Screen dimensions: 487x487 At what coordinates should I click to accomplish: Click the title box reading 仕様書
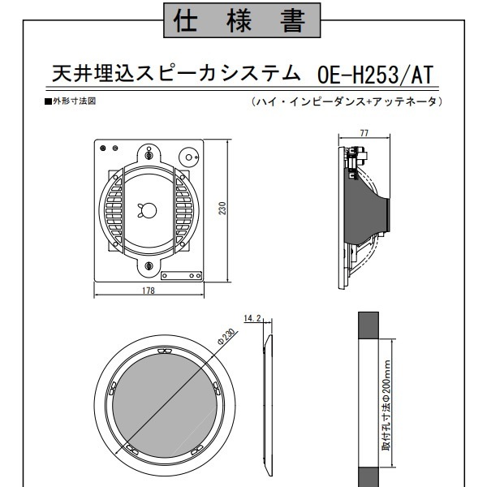click(242, 20)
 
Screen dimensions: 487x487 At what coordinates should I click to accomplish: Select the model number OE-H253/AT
click(375, 75)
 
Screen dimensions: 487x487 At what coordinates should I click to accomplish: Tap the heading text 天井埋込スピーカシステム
click(176, 74)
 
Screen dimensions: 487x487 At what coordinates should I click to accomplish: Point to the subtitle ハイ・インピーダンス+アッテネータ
click(347, 101)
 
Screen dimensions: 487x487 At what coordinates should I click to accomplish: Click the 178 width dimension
click(149, 291)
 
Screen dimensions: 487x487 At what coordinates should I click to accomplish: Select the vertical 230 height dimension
click(222, 208)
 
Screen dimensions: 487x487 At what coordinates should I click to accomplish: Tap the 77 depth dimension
click(364, 133)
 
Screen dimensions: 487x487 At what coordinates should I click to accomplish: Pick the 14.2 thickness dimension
click(252, 318)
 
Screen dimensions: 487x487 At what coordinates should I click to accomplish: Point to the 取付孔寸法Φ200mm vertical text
click(386, 405)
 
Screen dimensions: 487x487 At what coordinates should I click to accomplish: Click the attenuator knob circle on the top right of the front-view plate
click(188, 157)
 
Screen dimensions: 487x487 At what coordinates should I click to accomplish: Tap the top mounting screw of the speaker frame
click(149, 154)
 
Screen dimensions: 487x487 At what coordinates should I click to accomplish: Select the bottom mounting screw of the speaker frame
click(149, 265)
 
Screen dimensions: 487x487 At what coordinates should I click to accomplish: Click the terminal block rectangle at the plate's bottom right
click(181, 276)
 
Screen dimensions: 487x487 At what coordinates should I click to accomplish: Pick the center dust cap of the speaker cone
click(147, 210)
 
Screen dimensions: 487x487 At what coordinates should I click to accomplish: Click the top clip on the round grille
click(165, 351)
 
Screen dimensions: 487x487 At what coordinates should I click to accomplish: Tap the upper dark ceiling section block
click(368, 325)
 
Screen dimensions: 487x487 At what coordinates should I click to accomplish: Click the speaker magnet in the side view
click(388, 214)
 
